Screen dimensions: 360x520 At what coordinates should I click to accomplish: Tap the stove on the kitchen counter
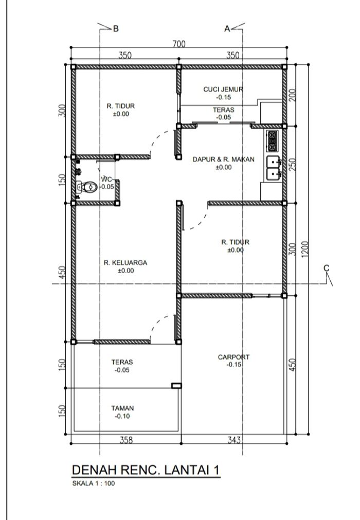(x=272, y=141)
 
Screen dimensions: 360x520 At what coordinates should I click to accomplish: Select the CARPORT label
(x=233, y=357)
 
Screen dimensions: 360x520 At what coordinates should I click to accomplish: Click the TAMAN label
(x=122, y=408)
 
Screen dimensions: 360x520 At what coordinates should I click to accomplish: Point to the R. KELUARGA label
(x=125, y=263)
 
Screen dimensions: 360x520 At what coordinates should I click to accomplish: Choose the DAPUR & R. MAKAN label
(x=223, y=159)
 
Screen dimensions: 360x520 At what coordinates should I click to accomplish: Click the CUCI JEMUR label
(x=223, y=89)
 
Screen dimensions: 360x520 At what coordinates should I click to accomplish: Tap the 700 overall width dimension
(x=178, y=44)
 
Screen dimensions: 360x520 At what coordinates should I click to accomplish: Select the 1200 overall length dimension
(x=305, y=248)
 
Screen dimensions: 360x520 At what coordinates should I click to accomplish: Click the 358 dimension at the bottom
(x=126, y=440)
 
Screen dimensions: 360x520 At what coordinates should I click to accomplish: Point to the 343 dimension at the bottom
(x=233, y=440)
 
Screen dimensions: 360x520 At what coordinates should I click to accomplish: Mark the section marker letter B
(x=116, y=28)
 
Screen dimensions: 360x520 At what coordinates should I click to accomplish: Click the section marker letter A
(x=227, y=29)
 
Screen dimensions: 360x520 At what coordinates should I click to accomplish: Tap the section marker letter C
(x=327, y=267)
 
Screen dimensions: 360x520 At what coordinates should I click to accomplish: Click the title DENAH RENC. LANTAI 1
(x=146, y=470)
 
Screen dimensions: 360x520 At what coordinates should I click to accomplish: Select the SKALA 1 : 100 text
(x=94, y=483)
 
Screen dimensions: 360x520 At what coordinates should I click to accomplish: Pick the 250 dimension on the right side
(x=293, y=164)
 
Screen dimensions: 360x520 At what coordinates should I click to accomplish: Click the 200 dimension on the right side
(x=293, y=95)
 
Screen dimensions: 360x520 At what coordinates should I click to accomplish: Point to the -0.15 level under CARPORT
(x=233, y=365)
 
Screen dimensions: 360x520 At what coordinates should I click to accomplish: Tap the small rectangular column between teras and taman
(x=176, y=386)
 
